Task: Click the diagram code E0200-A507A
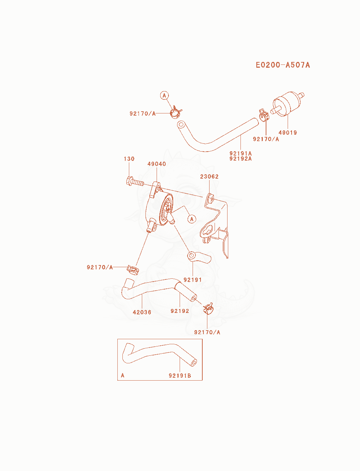click(283, 65)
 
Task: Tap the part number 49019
click(288, 133)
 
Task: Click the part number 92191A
click(240, 153)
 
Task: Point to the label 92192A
click(240, 158)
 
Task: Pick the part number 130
click(129, 159)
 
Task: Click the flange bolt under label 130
click(135, 181)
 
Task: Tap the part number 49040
click(157, 164)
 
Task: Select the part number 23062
click(209, 176)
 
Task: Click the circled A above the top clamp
click(164, 95)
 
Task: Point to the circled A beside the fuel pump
click(192, 219)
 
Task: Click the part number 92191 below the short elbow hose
click(193, 280)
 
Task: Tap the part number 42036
click(142, 312)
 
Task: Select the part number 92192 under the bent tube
click(180, 311)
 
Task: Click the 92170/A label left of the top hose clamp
click(143, 113)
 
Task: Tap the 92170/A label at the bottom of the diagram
click(207, 332)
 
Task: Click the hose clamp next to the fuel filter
click(264, 115)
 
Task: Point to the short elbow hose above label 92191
click(199, 257)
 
